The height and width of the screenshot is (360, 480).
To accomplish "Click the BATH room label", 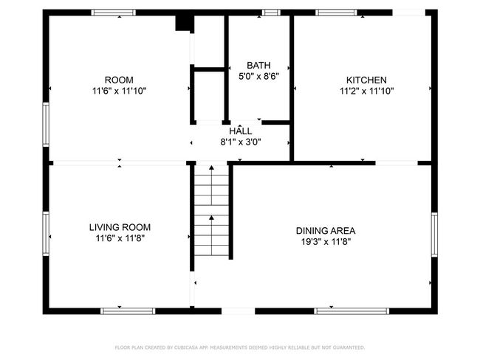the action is coord(258,65).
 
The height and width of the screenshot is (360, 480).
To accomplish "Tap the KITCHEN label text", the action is coord(366,80).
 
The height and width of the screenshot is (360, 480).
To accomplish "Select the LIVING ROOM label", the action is coord(120,227).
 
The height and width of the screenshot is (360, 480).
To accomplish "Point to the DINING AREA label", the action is coord(326,231).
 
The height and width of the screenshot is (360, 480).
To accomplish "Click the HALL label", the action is coord(241,131).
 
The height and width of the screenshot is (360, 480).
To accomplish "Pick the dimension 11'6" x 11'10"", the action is coord(120,91).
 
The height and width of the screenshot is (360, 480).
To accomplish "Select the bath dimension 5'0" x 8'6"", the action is coord(259,76).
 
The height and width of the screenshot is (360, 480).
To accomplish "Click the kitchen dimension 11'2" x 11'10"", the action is coord(367,91).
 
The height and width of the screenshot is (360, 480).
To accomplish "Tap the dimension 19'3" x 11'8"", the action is coord(326,242).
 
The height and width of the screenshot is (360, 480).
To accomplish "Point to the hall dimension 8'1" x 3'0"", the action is coord(241,142).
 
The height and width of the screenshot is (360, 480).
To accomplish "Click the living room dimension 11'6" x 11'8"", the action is coord(120,238).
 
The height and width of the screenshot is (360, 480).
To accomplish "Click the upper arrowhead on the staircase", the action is coord(211,167).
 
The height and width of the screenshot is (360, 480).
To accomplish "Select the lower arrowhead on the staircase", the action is coord(211,218).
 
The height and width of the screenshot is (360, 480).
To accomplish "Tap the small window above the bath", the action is coord(271,13).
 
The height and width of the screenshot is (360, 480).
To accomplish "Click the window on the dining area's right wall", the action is coord(434,235).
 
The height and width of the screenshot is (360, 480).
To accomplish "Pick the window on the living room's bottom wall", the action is coord(128,311).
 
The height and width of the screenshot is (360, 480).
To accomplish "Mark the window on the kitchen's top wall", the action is coord(337,13).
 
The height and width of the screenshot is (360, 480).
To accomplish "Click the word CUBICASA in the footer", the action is coord(186,347).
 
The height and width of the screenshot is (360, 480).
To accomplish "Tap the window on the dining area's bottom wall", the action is coord(352,311).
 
